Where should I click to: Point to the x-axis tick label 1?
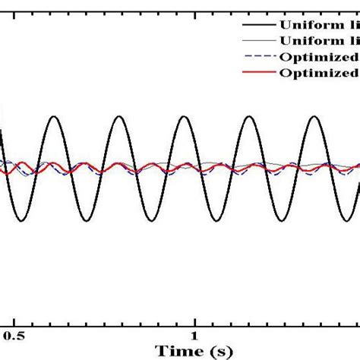pyautogui.click(x=194, y=334)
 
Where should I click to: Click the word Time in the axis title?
pyautogui.click(x=175, y=351)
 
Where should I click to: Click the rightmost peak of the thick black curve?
pyautogui.click(x=314, y=116)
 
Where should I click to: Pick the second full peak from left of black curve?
pyautogui.click(x=120, y=116)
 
